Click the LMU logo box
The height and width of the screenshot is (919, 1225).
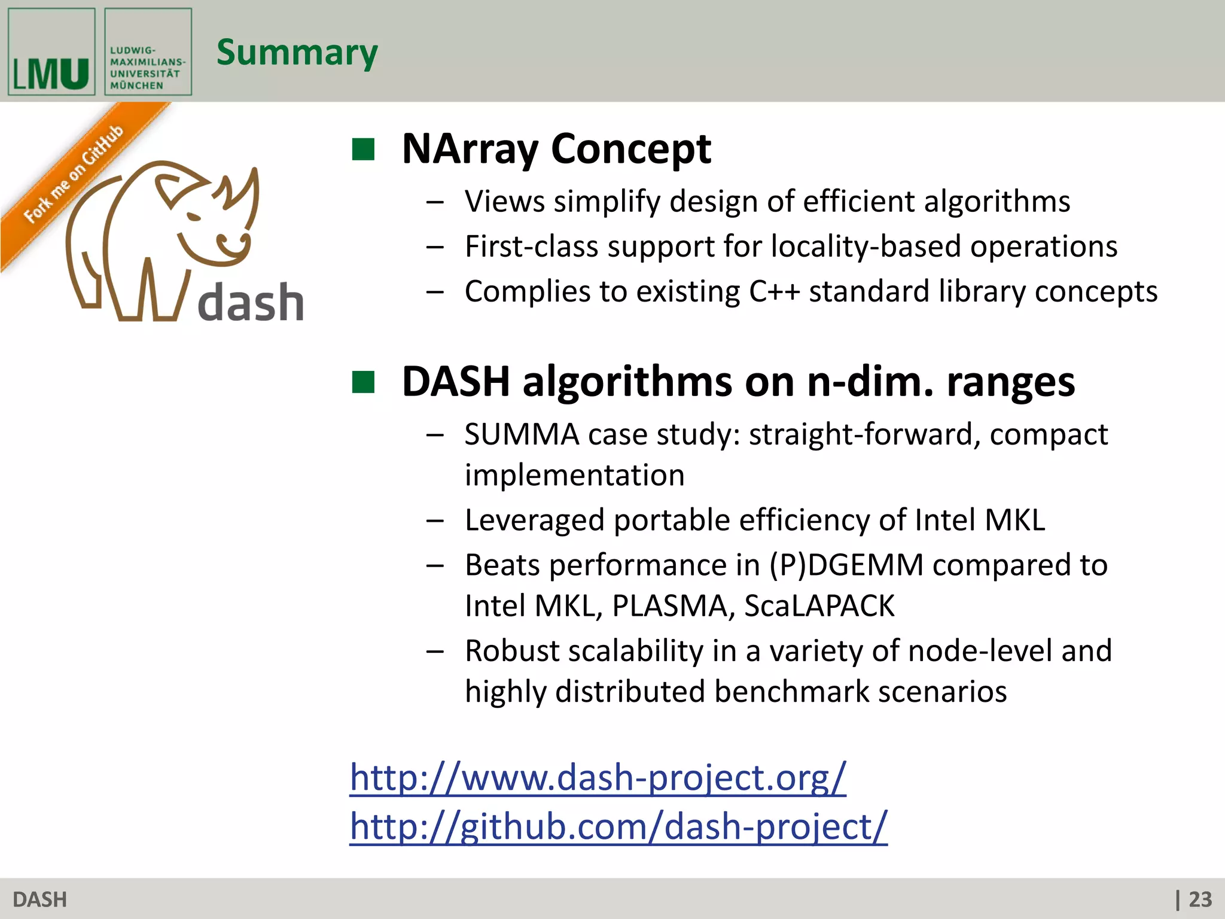pos(51,52)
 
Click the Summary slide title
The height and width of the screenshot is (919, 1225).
pos(297,53)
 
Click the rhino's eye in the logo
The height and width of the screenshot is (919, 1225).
pos(193,216)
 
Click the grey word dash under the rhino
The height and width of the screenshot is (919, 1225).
pos(251,303)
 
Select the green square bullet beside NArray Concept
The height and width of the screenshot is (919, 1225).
pos(363,150)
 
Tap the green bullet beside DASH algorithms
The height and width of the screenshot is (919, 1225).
pos(363,382)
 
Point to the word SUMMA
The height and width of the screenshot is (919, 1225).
pos(522,434)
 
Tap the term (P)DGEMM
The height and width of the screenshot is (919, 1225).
pos(846,565)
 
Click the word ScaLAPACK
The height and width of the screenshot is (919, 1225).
pos(819,605)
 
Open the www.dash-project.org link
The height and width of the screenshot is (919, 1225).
pos(598,777)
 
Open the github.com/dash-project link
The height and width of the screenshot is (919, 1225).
pos(618,826)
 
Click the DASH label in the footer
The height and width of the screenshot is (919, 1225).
pos(39,899)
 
